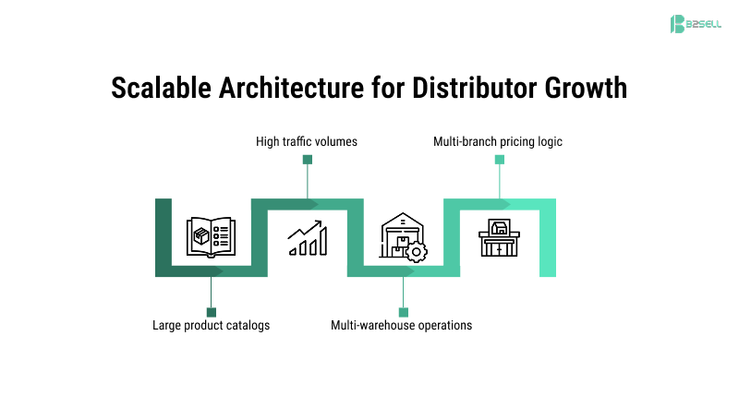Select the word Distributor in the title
481,89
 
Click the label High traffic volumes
307,142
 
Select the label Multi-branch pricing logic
498,142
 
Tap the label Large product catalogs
212,325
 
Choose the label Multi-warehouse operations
402,325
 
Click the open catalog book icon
211,237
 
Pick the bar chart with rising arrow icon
307,237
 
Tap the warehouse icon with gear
403,237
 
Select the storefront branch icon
499,237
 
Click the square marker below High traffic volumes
308,160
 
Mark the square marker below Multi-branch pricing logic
500,160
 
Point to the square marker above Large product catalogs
212,312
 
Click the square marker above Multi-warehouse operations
403,312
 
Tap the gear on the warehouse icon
418,251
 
